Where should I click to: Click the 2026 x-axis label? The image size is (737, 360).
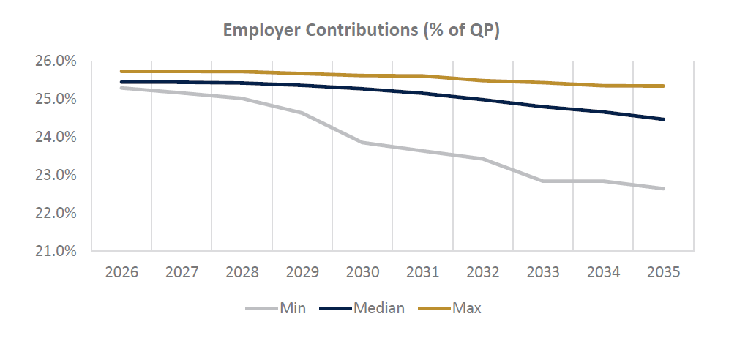121,273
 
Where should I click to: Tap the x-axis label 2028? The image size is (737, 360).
242,273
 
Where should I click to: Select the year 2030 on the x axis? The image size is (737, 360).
362,273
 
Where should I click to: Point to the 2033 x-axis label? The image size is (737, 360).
543,273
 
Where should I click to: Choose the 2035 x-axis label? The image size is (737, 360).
663,273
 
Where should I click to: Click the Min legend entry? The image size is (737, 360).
275,308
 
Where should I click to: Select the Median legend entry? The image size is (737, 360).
362,308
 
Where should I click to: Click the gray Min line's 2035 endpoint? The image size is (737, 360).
663,189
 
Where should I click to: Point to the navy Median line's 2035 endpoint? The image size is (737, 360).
663,119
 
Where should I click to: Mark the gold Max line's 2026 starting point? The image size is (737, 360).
121,72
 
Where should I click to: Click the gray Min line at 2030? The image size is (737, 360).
362,143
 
